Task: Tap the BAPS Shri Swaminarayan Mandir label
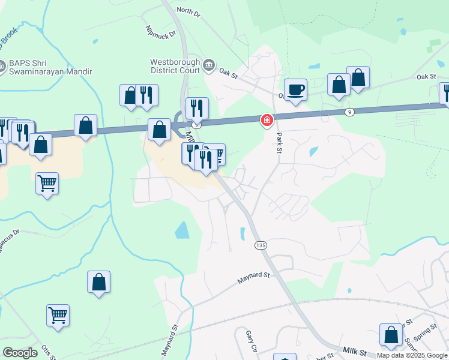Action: pos(50,67)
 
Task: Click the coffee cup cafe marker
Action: pos(295,90)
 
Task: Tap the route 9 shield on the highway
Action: pos(350,112)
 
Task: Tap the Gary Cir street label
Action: pos(251,341)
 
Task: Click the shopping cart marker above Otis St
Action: pos(58,314)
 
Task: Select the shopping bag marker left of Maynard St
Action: pos(99,282)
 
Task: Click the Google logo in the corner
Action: pos(20,352)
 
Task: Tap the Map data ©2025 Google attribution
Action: pos(412,355)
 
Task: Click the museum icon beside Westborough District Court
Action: pos(208,64)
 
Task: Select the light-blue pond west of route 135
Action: pos(182,229)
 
